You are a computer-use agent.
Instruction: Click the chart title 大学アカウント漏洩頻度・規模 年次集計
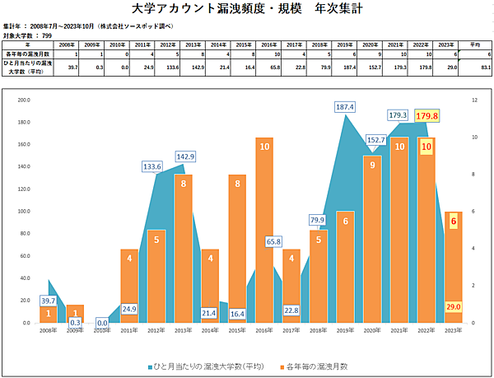[246, 10]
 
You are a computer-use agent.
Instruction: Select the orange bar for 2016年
[264, 231]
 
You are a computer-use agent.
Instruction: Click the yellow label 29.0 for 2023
[452, 306]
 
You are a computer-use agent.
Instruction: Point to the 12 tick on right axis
[475, 100]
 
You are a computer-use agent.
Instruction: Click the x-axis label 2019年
[346, 330]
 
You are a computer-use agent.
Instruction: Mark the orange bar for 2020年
[372, 239]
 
